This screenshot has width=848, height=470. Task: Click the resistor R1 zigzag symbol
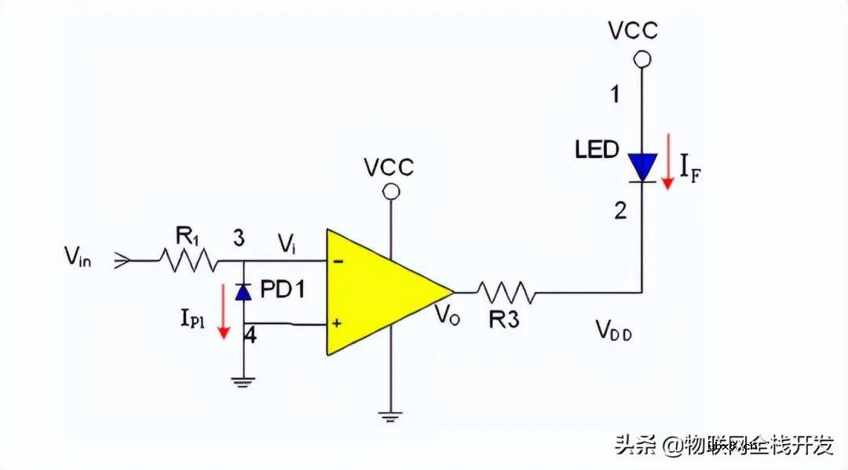point(188,260)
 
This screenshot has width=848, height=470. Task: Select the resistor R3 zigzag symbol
point(506,292)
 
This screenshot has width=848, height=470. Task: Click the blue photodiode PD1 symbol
point(243,292)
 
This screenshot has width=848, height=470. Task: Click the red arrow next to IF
point(667,162)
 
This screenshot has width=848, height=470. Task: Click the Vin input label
point(79,256)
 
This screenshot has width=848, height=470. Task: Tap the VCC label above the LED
point(634,31)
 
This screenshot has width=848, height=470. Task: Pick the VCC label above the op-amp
point(388,167)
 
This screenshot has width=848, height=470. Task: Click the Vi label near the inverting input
point(286,245)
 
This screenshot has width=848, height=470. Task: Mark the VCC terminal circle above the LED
point(643,58)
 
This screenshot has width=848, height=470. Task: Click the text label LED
point(597,149)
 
